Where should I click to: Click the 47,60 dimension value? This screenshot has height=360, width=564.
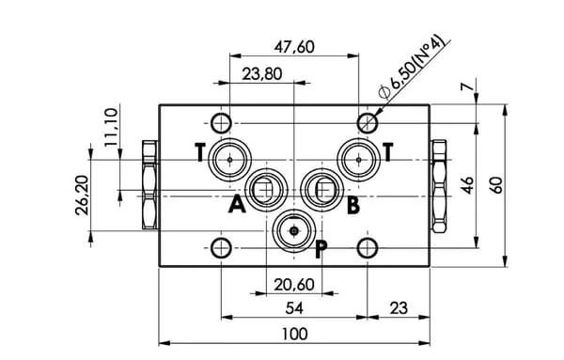[x=294, y=47]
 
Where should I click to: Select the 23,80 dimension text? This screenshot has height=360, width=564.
[x=262, y=74]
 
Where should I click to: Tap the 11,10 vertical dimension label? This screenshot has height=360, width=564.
[x=112, y=127]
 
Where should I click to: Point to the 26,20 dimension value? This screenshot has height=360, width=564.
[x=83, y=196]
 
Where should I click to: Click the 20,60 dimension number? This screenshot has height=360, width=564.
[x=294, y=285]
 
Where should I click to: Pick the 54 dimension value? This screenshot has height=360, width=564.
[x=294, y=308]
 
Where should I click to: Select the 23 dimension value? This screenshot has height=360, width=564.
[x=399, y=308]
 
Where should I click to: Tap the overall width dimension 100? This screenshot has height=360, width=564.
[x=294, y=334]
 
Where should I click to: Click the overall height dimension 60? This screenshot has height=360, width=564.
[x=496, y=185]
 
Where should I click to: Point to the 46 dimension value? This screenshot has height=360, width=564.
[x=467, y=185]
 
